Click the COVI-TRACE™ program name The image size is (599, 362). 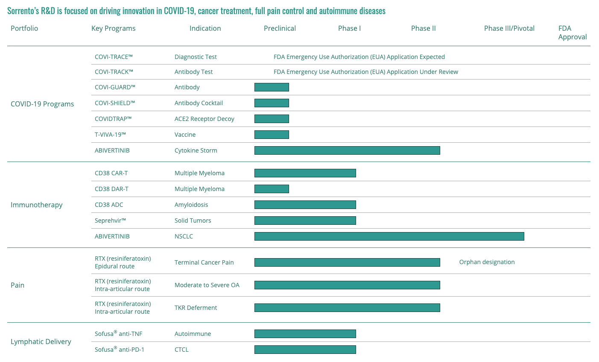pos(114,57)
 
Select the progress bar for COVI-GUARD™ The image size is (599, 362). pos(272,87)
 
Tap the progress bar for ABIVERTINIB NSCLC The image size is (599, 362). pos(389,236)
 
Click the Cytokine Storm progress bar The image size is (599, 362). pos(347,150)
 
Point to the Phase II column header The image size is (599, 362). pos(423,28)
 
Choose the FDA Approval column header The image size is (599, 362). pos(572,32)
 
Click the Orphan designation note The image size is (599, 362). pos(487,262)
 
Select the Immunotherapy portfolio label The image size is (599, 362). pos(37,205)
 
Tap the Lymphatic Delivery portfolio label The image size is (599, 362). pos(41,341)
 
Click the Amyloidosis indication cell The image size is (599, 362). pos(191,205)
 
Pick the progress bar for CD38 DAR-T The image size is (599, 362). pos(272,189)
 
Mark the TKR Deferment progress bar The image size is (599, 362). pos(347,308)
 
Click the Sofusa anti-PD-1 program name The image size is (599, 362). pos(120,349)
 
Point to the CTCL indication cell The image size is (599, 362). pos(181,350)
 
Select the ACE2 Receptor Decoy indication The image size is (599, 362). pos(205,119)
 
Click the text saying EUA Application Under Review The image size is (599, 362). pos(365,72)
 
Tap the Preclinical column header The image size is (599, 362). pos(280,28)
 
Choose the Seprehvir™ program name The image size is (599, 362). pos(111,221)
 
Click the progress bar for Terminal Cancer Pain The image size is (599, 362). pos(347,262)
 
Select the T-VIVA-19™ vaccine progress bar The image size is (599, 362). pos(272,135)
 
